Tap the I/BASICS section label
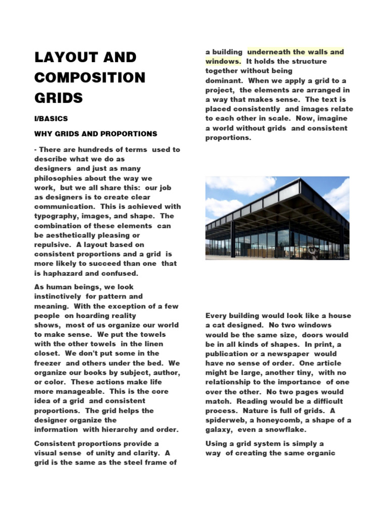point(51,119)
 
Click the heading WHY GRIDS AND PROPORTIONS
point(95,134)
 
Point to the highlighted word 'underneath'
point(270,51)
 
